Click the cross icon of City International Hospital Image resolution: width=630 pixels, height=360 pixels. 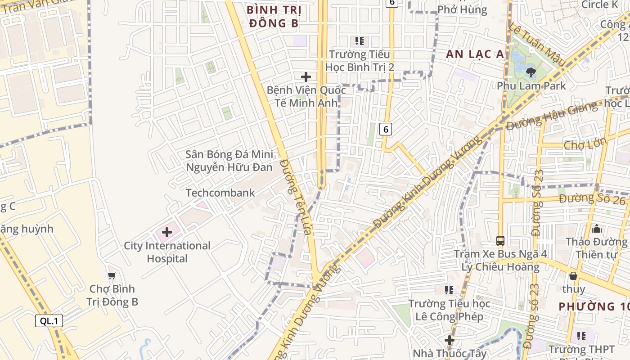pyautogui.click(x=167, y=232)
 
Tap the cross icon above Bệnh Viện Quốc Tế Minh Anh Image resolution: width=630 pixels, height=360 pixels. pyautogui.click(x=306, y=77)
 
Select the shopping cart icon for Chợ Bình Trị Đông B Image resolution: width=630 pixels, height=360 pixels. pyautogui.click(x=112, y=275)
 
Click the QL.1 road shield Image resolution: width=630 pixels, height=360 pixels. pyautogui.click(x=49, y=321)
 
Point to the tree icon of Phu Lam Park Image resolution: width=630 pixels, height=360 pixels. pyautogui.click(x=531, y=72)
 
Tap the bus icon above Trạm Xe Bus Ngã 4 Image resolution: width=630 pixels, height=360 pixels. pyautogui.click(x=500, y=240)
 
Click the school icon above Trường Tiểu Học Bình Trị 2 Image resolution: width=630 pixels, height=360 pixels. pyautogui.click(x=359, y=41)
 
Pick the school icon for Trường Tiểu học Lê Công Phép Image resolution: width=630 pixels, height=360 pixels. pyautogui.click(x=449, y=290)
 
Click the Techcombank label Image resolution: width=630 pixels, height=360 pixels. pyautogui.click(x=220, y=193)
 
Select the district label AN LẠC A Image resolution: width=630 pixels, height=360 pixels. pyautogui.click(x=475, y=54)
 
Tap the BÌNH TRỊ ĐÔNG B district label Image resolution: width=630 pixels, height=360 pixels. pyautogui.click(x=274, y=17)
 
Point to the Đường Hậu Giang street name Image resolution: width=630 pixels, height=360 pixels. pyautogui.click(x=553, y=115)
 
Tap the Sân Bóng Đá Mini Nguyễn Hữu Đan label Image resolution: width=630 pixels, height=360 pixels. pyautogui.click(x=229, y=161)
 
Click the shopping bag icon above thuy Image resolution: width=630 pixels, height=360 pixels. pyautogui.click(x=573, y=275)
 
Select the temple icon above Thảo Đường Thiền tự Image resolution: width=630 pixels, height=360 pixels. pyautogui.click(x=597, y=229)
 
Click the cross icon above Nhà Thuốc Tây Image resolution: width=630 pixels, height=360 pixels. pyautogui.click(x=449, y=340)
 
